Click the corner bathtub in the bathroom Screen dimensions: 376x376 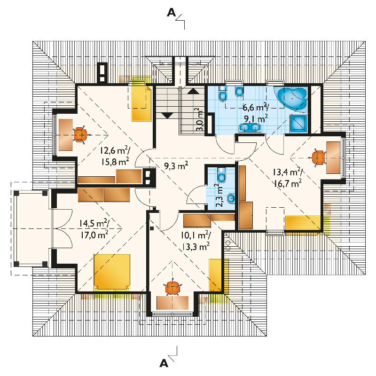click(x=292, y=98)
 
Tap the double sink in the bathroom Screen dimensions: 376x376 click(x=250, y=127)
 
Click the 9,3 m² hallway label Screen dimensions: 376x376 click(x=176, y=165)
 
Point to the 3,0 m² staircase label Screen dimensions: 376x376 click(x=199, y=119)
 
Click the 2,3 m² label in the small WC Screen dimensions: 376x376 click(x=219, y=196)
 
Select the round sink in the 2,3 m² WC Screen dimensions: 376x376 click(x=231, y=198)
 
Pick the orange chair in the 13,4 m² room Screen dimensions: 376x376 click(x=318, y=157)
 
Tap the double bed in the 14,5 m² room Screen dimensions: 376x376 click(x=112, y=272)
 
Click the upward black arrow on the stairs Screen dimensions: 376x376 click(x=193, y=91)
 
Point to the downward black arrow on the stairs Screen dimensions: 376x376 click(x=167, y=115)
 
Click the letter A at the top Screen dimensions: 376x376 click(x=171, y=13)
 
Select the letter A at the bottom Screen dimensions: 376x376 click(x=164, y=363)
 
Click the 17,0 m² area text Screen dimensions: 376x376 click(x=94, y=235)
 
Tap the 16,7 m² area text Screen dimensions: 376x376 click(x=288, y=183)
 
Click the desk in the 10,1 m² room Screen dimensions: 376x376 click(x=172, y=303)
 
